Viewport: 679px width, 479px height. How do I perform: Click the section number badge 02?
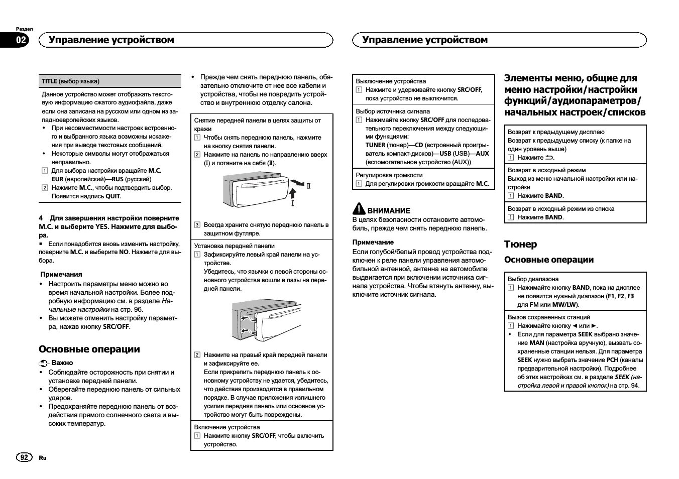[21, 40]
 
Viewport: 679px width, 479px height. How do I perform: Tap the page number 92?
[24, 457]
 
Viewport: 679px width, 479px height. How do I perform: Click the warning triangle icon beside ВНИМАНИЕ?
[359, 209]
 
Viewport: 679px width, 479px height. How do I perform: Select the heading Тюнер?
[520, 245]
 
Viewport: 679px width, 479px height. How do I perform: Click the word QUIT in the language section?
[112, 196]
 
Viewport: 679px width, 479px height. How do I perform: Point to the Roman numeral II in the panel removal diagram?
[309, 186]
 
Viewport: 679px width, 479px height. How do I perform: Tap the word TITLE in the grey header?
[49, 81]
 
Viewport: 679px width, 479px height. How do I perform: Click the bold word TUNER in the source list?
[375, 145]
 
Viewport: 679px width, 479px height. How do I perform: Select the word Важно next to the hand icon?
[62, 363]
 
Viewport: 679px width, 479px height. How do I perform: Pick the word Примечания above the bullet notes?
[61, 275]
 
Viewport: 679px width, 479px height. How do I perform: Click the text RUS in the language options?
[118, 179]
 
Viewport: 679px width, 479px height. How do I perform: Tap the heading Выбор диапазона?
[533, 279]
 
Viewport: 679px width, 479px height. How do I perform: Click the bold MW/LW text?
[564, 305]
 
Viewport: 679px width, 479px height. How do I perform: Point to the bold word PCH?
[612, 360]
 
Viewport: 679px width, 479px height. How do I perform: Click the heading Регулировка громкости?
[389, 175]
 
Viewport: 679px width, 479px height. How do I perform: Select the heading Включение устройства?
[227, 427]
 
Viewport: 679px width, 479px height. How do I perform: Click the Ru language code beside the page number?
[43, 457]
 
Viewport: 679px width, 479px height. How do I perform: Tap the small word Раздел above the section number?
[24, 29]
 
